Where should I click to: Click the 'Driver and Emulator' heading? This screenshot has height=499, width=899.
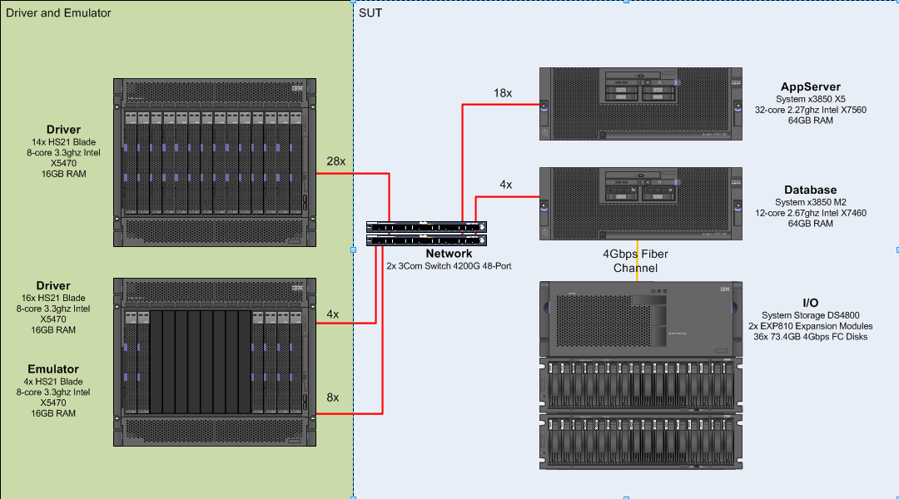pyautogui.click(x=58, y=12)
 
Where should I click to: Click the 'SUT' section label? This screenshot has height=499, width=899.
pyautogui.click(x=370, y=12)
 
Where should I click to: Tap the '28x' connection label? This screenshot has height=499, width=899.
pyautogui.click(x=336, y=161)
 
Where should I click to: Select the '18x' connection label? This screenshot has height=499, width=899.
pyautogui.click(x=503, y=93)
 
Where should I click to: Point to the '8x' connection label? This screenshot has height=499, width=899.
pyautogui.click(x=332, y=398)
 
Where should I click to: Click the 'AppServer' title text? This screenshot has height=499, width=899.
pyautogui.click(x=810, y=86)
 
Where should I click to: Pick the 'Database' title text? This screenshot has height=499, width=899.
pyautogui.click(x=810, y=190)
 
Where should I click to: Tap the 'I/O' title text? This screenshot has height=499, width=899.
pyautogui.click(x=810, y=303)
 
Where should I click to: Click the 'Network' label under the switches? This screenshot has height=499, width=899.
pyautogui.click(x=449, y=254)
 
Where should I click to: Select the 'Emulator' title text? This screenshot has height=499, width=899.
pyautogui.click(x=53, y=369)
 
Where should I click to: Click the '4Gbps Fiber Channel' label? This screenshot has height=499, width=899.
pyautogui.click(x=635, y=260)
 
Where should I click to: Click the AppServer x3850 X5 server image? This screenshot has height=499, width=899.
pyautogui.click(x=640, y=103)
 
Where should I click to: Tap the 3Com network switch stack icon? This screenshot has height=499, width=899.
pyautogui.click(x=426, y=233)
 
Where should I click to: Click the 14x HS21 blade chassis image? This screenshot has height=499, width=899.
pyautogui.click(x=215, y=162)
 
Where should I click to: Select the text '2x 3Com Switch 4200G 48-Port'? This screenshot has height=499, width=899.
pyautogui.click(x=449, y=266)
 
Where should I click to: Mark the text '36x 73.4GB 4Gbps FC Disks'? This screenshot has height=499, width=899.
pyautogui.click(x=810, y=337)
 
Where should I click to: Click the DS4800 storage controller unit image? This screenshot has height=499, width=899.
pyautogui.click(x=640, y=319)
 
